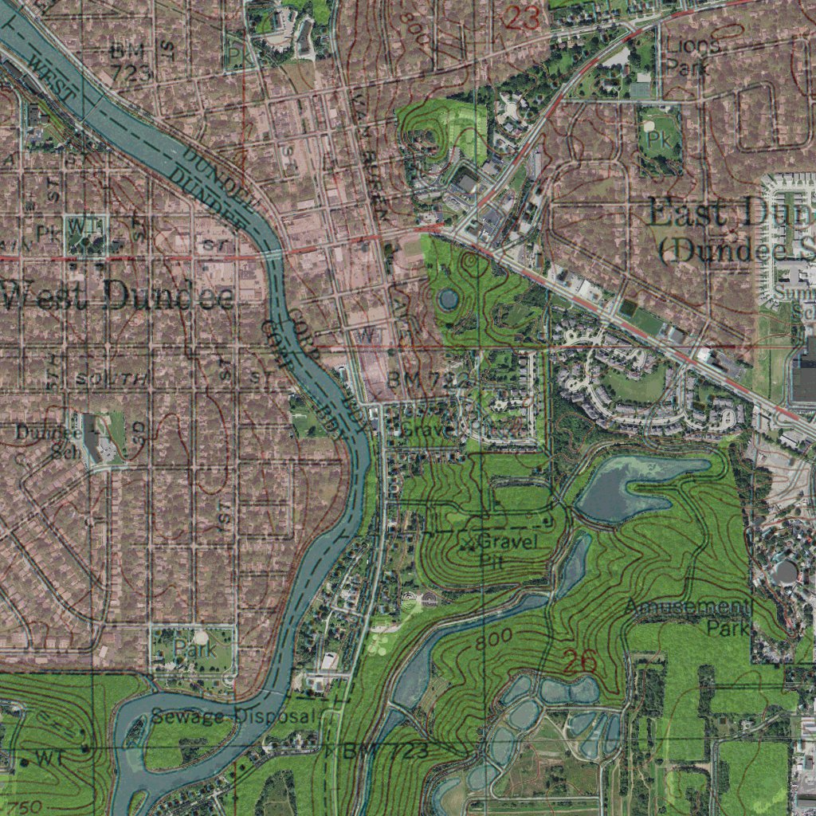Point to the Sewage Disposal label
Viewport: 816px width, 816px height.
click(233, 716)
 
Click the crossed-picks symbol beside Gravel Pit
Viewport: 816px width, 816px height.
click(469, 543)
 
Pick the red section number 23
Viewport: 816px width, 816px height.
click(523, 17)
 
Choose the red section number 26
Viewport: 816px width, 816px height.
click(579, 661)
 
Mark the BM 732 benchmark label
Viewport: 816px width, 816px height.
click(426, 382)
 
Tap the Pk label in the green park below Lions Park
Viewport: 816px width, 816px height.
click(658, 140)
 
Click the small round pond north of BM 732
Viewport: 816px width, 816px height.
click(448, 300)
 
